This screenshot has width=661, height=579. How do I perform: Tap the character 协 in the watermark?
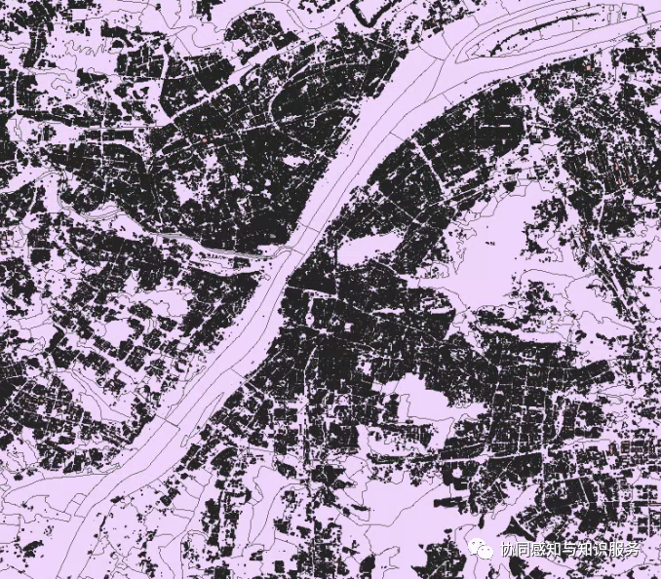(x=509, y=551)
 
